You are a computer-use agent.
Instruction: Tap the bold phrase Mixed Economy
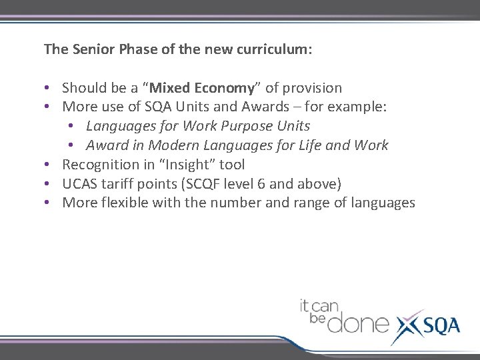coord(202,88)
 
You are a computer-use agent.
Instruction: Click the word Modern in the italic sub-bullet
coord(171,145)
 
